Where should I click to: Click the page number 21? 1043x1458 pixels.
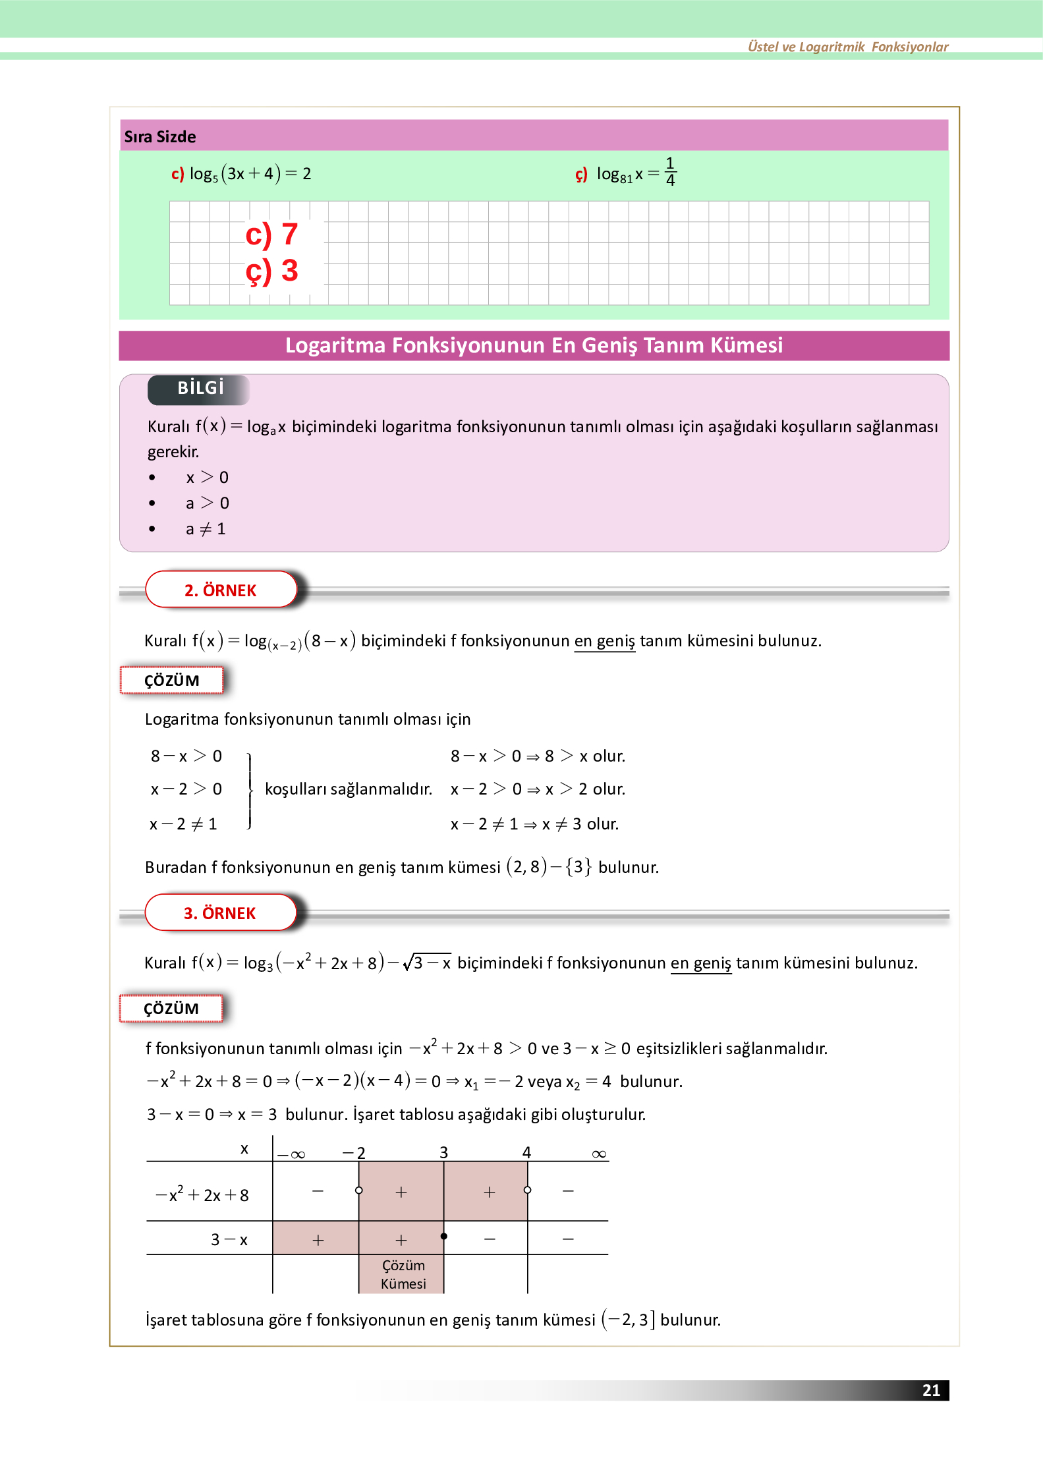(930, 1390)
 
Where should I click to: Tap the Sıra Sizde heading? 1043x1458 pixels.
(160, 136)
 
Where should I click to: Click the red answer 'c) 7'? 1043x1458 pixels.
(271, 235)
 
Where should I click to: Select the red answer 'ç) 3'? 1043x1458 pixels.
(271, 271)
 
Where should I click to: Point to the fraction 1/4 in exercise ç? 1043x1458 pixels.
(669, 171)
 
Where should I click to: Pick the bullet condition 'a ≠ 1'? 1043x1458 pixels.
(206, 529)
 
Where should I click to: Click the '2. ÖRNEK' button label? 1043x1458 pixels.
(220, 590)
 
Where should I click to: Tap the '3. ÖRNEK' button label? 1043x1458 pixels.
(219, 913)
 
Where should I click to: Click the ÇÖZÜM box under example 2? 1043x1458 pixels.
(171, 681)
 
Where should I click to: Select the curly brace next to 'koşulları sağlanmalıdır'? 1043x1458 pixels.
(250, 790)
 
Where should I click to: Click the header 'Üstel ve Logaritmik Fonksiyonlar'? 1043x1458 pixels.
(847, 47)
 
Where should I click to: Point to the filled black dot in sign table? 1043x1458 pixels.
(444, 1236)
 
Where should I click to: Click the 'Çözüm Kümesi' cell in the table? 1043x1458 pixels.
(403, 1274)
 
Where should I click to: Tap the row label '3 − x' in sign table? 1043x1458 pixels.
(229, 1240)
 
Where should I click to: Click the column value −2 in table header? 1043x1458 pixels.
(354, 1153)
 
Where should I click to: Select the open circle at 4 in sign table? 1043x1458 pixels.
(527, 1190)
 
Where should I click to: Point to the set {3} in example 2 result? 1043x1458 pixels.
(578, 867)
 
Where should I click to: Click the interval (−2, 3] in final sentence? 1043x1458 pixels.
(628, 1320)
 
